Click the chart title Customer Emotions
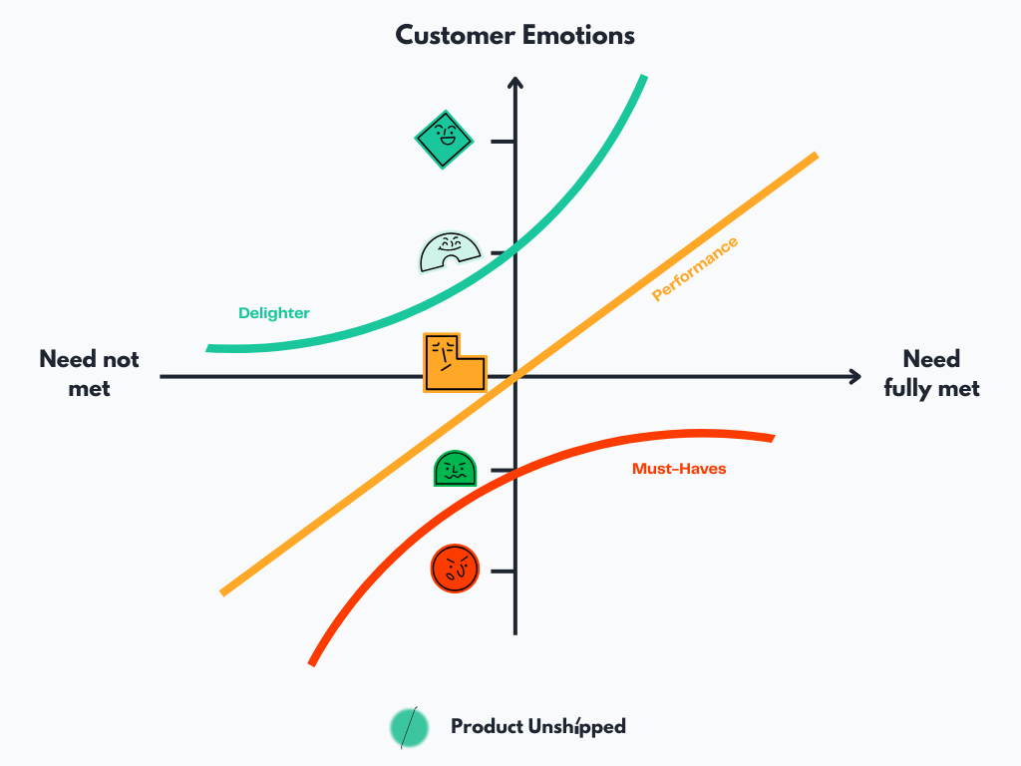pyautogui.click(x=514, y=36)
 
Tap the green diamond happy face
pyautogui.click(x=444, y=140)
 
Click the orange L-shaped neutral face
pyautogui.click(x=451, y=364)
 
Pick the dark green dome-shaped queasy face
pyautogui.click(x=455, y=469)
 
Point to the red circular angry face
pyautogui.click(x=455, y=570)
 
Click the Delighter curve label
pyautogui.click(x=274, y=313)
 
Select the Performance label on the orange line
pyautogui.click(x=695, y=269)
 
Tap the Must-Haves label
pyautogui.click(x=679, y=468)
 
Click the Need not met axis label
pyautogui.click(x=89, y=373)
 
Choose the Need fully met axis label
pyautogui.click(x=931, y=373)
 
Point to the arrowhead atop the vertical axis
pyautogui.click(x=515, y=83)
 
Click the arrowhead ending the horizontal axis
pyautogui.click(x=854, y=376)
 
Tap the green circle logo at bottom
pyautogui.click(x=409, y=727)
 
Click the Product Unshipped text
pyautogui.click(x=537, y=727)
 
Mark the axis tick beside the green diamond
pyautogui.click(x=504, y=142)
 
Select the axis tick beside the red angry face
pyautogui.click(x=504, y=571)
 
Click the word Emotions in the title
pyautogui.click(x=577, y=36)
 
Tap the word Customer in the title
pyautogui.click(x=454, y=36)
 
